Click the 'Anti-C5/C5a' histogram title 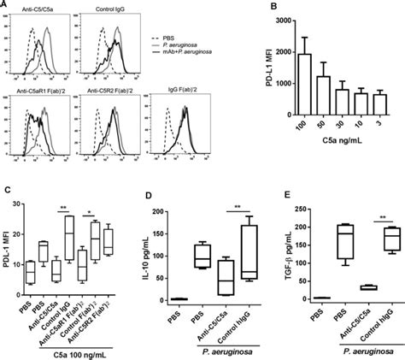(36, 15)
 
